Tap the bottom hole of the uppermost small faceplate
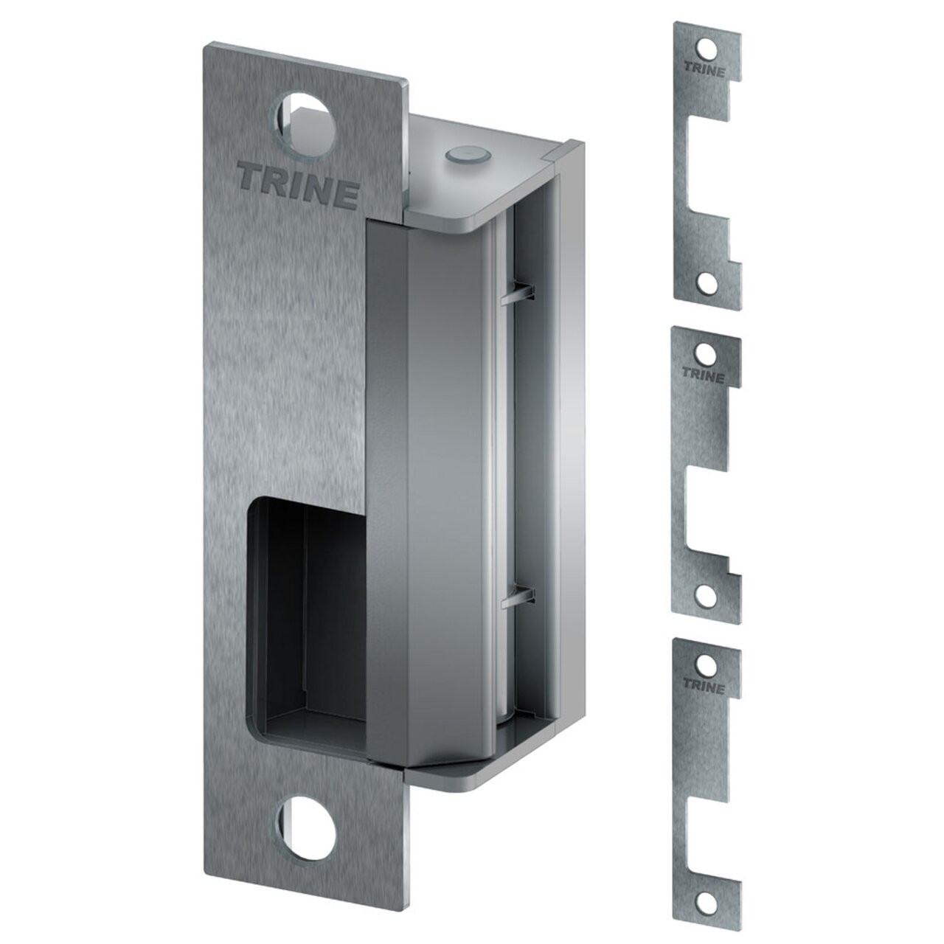tap(706, 281)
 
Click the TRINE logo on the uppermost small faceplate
tap(706, 72)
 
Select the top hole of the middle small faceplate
tap(706, 351)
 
